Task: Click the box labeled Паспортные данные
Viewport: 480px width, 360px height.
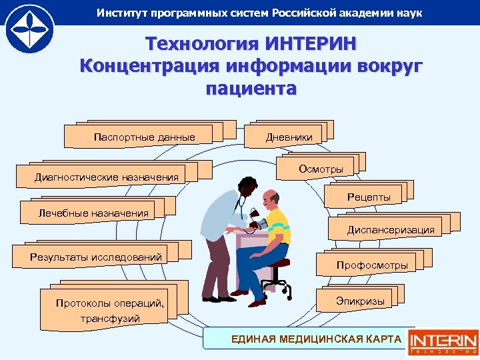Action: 145,137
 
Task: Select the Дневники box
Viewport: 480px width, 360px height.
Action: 289,137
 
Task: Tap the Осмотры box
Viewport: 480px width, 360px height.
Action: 321,169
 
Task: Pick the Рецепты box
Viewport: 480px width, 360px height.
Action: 369,197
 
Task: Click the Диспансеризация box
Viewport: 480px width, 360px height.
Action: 390,229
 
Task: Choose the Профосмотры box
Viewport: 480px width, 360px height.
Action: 371,265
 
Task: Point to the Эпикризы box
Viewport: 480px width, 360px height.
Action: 360,301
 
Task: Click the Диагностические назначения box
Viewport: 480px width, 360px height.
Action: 107,177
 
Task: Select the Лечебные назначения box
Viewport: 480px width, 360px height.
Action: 93,213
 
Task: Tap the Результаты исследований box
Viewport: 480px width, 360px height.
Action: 96,257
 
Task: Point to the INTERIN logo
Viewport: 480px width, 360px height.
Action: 443,338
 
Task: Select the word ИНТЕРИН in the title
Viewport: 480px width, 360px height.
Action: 310,44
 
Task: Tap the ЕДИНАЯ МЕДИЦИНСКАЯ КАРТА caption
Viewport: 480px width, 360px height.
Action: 316,339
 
